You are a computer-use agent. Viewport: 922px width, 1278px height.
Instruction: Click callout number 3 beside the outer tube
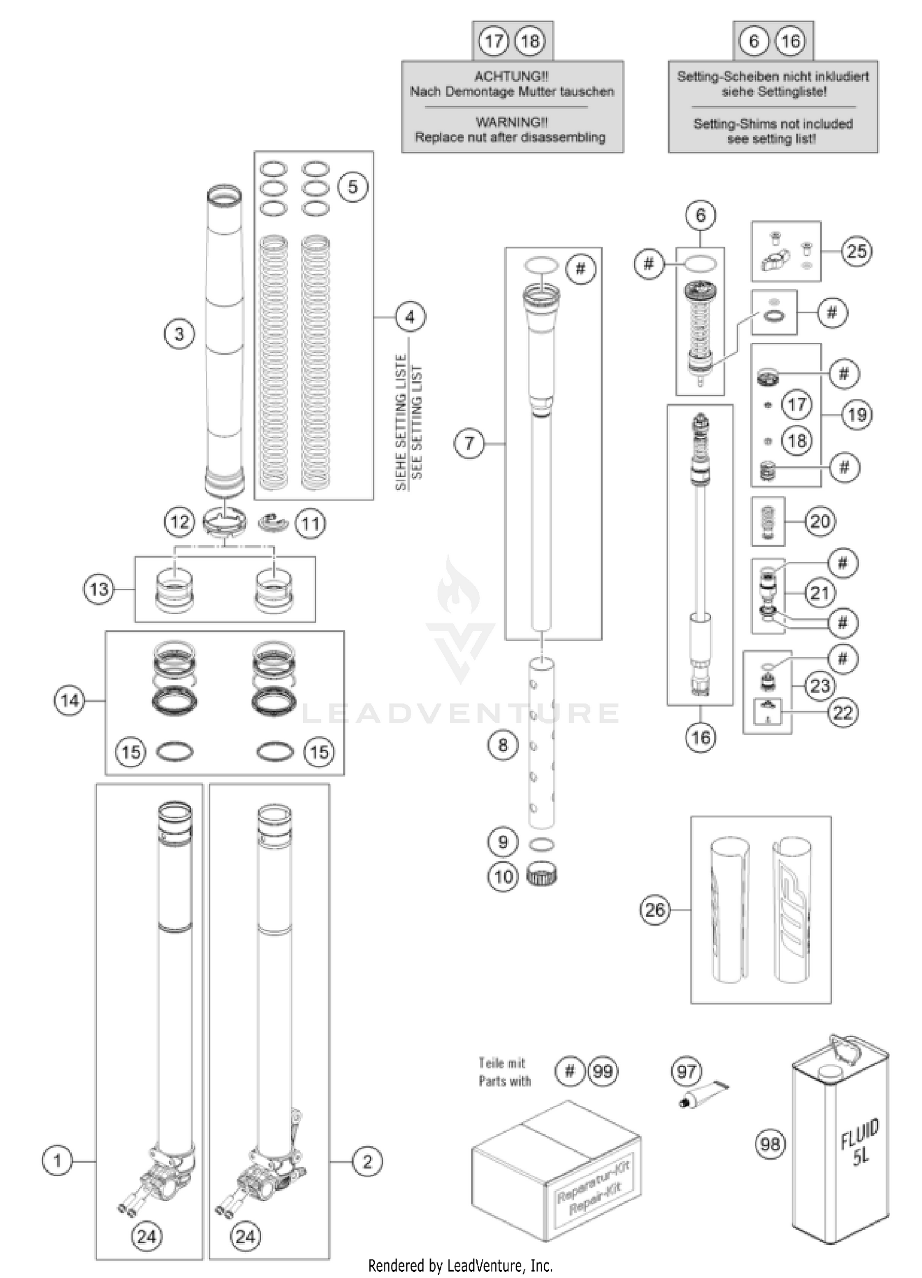179,334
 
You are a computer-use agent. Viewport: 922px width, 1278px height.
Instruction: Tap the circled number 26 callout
655,909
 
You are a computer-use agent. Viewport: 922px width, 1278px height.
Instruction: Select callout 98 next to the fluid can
770,1144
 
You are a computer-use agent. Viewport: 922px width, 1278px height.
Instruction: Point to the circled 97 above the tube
687,1072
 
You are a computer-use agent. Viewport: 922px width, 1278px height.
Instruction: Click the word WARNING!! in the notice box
511,122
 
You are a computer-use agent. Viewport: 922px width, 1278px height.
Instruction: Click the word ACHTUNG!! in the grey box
511,76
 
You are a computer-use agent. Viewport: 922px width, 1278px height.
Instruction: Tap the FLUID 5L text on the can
860,1142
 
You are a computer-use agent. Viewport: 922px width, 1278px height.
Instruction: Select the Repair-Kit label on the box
594,1189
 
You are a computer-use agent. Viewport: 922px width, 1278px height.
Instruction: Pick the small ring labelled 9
542,845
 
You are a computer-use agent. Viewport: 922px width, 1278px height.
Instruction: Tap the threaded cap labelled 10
542,875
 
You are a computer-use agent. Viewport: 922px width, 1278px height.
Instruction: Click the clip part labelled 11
273,523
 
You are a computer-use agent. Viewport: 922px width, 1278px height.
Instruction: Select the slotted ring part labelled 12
224,521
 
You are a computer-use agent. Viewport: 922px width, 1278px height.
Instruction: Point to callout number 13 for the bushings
99,590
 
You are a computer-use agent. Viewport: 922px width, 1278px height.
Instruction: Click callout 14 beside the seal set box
69,700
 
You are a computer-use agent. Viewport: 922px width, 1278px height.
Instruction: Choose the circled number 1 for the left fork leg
57,1161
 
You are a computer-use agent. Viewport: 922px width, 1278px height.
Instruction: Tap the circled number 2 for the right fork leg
367,1161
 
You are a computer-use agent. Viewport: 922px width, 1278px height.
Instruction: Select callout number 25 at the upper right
856,251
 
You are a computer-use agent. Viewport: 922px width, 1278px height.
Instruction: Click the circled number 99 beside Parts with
603,1071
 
